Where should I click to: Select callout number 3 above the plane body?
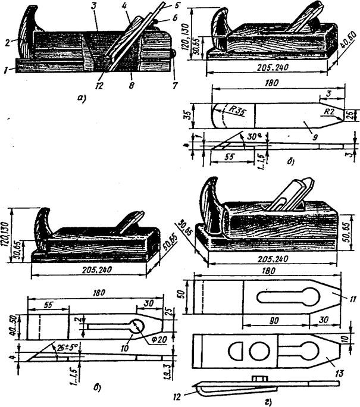tap(96, 22)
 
